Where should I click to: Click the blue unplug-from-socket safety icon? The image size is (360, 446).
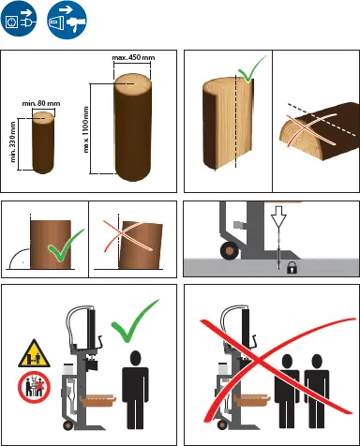(19, 19)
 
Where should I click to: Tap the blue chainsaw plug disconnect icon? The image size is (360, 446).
(67, 20)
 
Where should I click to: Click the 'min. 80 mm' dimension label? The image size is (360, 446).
(41, 103)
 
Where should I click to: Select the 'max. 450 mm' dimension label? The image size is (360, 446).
(133, 58)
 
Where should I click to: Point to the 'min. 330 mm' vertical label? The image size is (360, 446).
(13, 141)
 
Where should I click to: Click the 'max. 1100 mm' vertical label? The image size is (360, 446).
(86, 130)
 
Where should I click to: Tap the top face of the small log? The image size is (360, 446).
(43, 118)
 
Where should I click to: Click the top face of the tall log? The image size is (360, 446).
(133, 83)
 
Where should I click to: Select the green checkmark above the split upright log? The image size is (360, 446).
(251, 70)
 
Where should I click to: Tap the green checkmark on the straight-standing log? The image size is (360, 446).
(65, 246)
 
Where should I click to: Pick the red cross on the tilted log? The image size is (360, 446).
(127, 236)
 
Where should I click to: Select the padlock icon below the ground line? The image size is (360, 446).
(292, 268)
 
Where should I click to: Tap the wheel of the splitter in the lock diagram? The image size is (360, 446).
(230, 250)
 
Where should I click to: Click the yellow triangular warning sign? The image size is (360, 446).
(35, 354)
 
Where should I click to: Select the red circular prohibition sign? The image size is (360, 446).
(34, 387)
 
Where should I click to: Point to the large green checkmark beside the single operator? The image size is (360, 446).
(134, 320)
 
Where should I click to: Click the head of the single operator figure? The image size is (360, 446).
(135, 358)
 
